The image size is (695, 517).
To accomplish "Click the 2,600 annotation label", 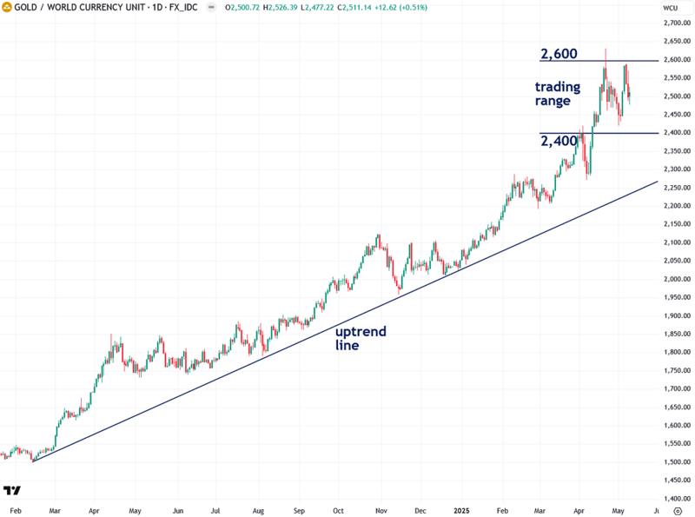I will [x=558, y=54].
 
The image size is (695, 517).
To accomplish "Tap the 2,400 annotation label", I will [x=558, y=141].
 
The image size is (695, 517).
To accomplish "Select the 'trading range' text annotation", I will [x=553, y=94].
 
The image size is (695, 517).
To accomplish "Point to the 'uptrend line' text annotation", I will [x=361, y=338].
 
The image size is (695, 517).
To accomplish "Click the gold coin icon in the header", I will [x=7, y=8].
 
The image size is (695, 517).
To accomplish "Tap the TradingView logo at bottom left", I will [x=12, y=491].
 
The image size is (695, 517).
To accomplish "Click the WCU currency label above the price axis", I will [x=670, y=8].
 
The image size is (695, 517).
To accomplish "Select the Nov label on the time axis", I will [x=381, y=511].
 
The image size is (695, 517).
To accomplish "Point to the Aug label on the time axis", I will [x=257, y=511].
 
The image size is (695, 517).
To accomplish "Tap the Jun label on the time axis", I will [x=177, y=511].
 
